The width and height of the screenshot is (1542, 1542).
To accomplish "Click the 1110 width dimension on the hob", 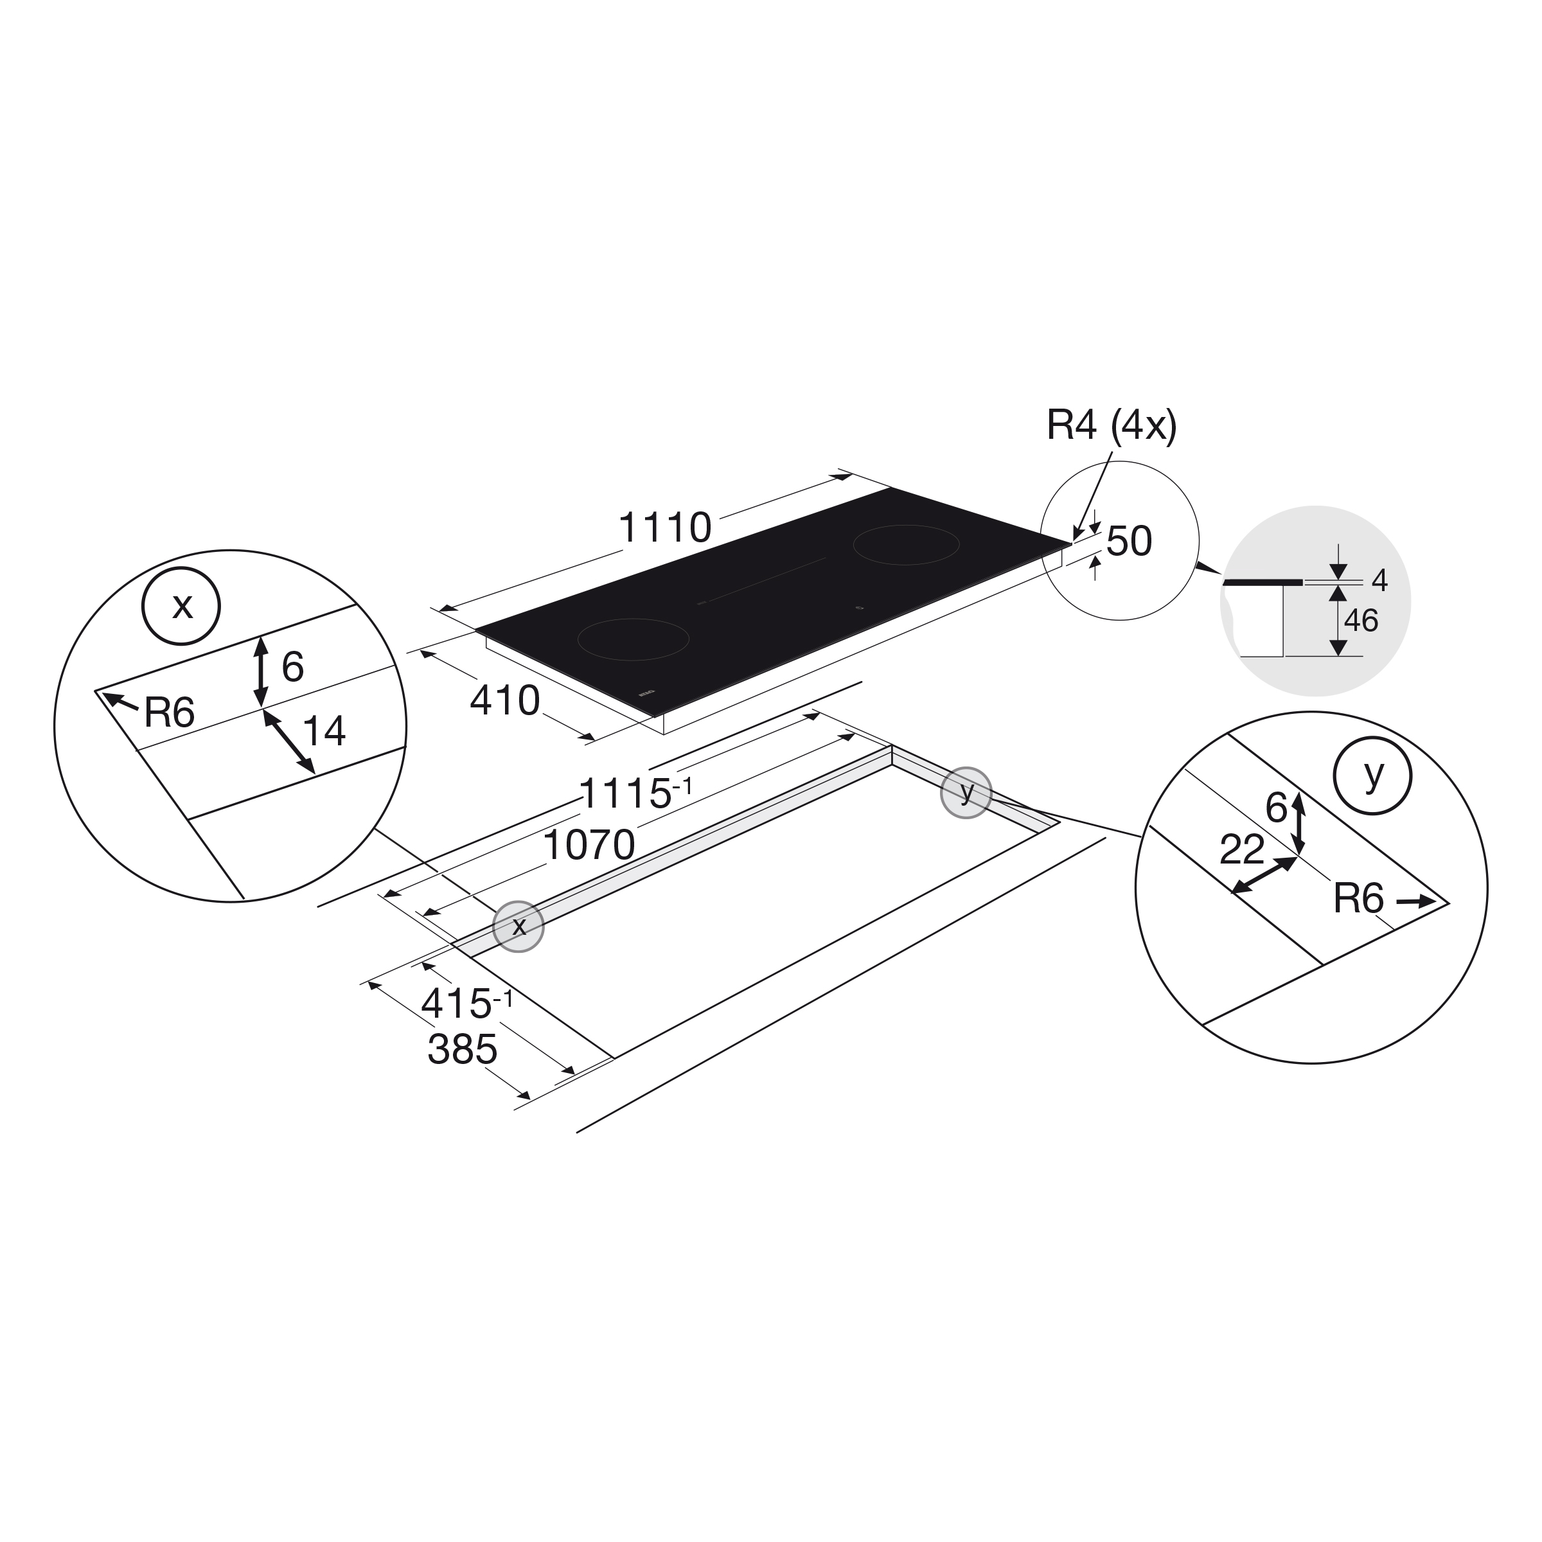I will click(665, 528).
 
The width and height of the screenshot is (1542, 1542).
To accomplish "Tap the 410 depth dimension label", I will click(504, 701).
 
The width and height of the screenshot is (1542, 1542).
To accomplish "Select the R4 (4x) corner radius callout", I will click(1111, 426).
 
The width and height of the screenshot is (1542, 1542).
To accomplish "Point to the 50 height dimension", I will click(1129, 541).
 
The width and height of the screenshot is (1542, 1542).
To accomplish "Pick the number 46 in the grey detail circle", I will click(1361, 621).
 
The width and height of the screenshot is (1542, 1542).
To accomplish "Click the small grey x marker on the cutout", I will click(518, 926).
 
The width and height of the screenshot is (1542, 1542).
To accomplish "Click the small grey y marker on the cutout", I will click(966, 793).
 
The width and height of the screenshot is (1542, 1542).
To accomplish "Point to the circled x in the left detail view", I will click(182, 606).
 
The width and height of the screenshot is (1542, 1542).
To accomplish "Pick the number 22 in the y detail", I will click(1242, 850).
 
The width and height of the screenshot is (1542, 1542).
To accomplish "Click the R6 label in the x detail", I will click(169, 713).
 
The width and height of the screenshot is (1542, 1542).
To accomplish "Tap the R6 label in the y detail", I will click(1358, 899).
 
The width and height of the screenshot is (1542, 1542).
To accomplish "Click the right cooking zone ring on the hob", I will click(906, 544).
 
